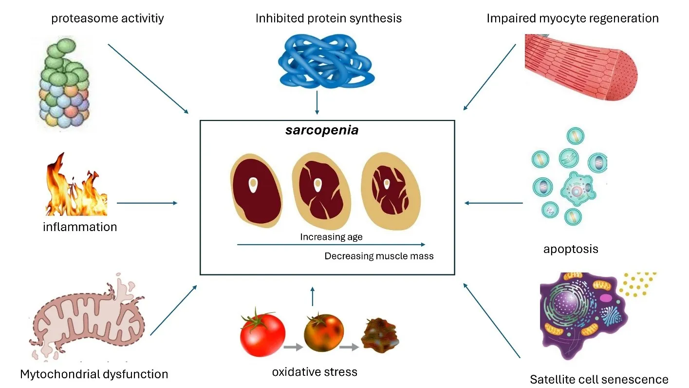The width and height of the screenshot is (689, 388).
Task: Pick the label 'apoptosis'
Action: click(571, 250)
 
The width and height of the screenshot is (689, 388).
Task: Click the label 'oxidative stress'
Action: click(315, 372)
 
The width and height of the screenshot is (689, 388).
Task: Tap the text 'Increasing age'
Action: click(331, 237)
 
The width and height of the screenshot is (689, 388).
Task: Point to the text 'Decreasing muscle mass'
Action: click(379, 256)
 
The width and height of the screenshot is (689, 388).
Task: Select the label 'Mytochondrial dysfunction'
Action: click(94, 374)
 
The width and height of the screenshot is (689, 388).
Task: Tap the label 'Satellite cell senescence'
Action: click(598, 379)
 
